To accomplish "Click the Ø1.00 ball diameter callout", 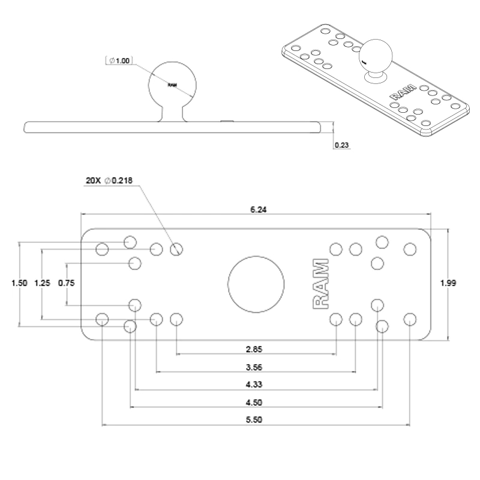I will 120,61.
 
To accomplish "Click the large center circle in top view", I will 256,283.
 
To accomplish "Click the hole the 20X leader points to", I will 176,248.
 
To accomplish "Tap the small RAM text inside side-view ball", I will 172,85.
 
